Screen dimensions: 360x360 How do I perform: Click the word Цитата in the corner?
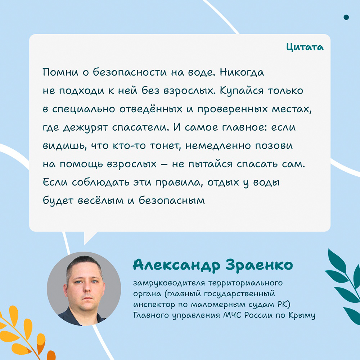pyautogui.click(x=305, y=47)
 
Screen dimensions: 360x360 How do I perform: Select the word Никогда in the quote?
pyautogui.click(x=242, y=73)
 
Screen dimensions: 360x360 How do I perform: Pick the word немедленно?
pyautogui.click(x=218, y=146)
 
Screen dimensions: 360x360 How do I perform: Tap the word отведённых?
pyautogui.click(x=150, y=109)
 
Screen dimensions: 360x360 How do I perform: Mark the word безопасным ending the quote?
pyautogui.click(x=171, y=201)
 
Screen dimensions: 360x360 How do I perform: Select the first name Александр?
pyautogui.click(x=176, y=265)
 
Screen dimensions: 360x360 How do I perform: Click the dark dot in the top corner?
pyautogui.click(x=346, y=17)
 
